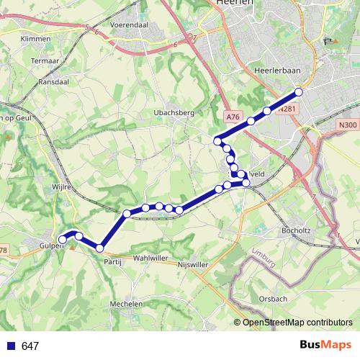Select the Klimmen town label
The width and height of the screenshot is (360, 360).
point(35,38)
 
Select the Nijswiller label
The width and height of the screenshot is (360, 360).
point(193,264)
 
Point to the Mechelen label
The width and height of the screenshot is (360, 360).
point(126,305)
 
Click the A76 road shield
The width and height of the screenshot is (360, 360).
point(231,116)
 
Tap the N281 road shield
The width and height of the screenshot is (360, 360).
point(287,109)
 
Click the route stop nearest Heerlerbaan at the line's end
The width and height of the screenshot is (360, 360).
point(299,92)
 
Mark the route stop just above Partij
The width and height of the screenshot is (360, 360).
point(99,248)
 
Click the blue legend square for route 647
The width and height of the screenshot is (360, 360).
point(10,346)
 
